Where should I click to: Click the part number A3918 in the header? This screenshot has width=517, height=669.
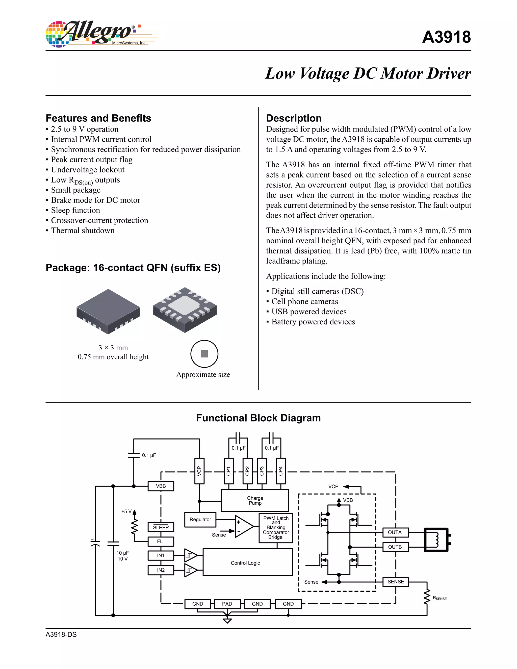(x=446, y=37)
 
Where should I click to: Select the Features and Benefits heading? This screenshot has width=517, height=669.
(x=98, y=118)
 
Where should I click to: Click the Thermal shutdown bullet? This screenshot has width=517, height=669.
(x=83, y=230)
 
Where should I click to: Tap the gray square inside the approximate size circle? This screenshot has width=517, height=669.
(x=204, y=354)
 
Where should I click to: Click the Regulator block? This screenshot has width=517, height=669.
(x=200, y=520)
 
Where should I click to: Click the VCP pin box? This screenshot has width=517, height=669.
(x=199, y=471)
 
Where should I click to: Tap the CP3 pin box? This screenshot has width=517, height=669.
(x=262, y=471)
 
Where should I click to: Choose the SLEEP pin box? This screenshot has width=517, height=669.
(x=161, y=527)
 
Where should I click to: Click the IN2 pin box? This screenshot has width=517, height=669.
(x=161, y=570)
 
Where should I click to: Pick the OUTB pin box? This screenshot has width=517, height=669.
(x=395, y=547)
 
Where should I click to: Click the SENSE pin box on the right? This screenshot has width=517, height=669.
(x=396, y=581)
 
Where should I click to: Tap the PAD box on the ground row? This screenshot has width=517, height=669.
(x=227, y=604)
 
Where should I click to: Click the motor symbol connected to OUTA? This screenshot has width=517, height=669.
(x=436, y=540)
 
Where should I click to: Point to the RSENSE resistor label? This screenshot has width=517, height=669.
(x=440, y=598)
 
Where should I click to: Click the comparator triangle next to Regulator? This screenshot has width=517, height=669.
(x=244, y=526)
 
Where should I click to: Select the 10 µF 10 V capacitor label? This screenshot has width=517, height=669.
(x=122, y=556)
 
